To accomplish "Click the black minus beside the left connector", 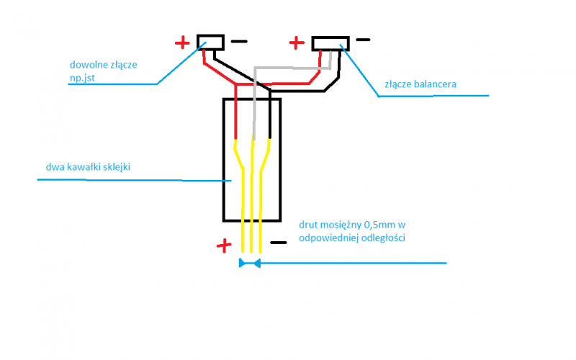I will pyautogui.click(x=238, y=42).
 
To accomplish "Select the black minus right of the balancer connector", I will pyautogui.click(x=363, y=40).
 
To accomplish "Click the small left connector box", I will pyautogui.click(x=211, y=42).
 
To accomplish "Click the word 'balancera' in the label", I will pyautogui.click(x=434, y=84).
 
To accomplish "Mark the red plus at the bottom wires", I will pyautogui.click(x=224, y=246).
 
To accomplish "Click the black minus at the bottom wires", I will pyautogui.click(x=278, y=243).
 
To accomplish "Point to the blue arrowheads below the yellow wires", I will pyautogui.click(x=249, y=264).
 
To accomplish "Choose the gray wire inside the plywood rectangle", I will pyautogui.click(x=255, y=119).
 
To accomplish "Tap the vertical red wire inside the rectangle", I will pyautogui.click(x=236, y=119).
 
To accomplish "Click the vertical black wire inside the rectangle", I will pyautogui.click(x=269, y=119).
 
